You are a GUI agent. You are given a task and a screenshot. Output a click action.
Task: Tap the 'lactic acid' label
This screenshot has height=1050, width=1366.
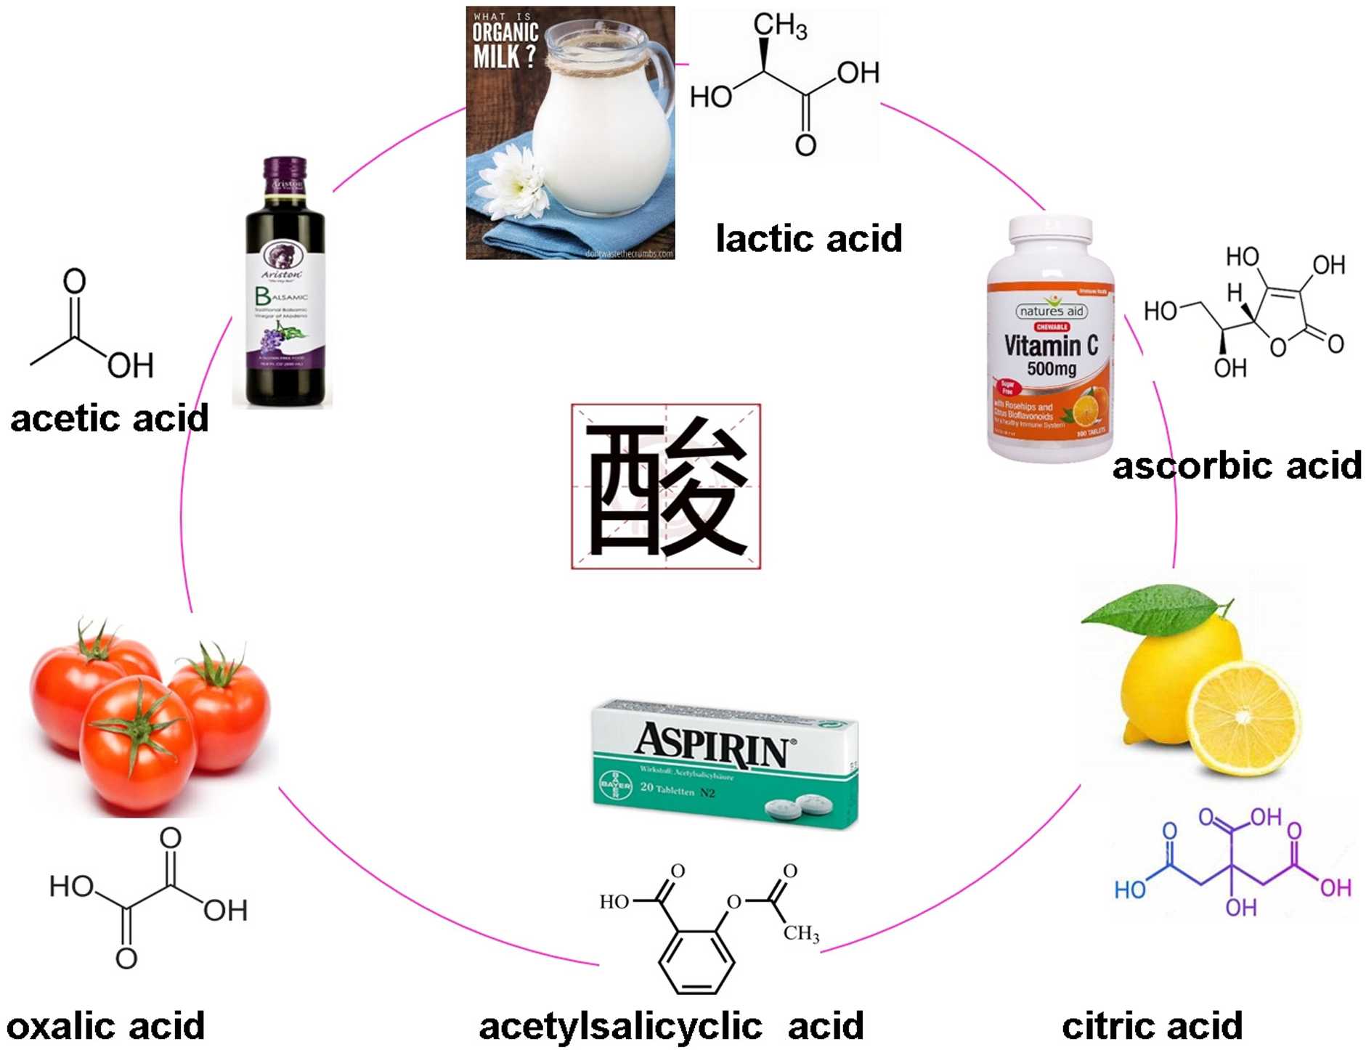pos(808,238)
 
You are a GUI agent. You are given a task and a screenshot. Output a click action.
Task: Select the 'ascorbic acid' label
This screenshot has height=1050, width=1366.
pos(1237,465)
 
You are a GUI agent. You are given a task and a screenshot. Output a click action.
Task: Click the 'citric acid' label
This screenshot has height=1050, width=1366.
pos(1152,1026)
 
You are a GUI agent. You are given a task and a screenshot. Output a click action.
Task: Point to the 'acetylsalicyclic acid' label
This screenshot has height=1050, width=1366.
pos(671,1026)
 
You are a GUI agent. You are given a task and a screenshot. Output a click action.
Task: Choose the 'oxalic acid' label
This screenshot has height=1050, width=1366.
pos(105,1026)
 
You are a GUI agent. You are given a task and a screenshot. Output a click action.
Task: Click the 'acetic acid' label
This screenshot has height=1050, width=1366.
pos(109,418)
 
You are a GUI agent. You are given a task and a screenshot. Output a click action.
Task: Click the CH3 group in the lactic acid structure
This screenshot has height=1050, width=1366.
pos(779,25)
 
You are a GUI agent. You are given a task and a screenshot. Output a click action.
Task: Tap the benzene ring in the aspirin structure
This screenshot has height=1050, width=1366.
pos(696,960)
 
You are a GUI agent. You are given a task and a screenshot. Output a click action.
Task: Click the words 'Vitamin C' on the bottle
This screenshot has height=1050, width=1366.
pos(1050,346)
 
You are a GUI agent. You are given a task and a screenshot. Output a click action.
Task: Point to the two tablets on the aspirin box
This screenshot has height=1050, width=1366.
pos(796,805)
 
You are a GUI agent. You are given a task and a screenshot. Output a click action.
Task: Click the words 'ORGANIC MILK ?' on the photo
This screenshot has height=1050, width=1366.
pos(505,44)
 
